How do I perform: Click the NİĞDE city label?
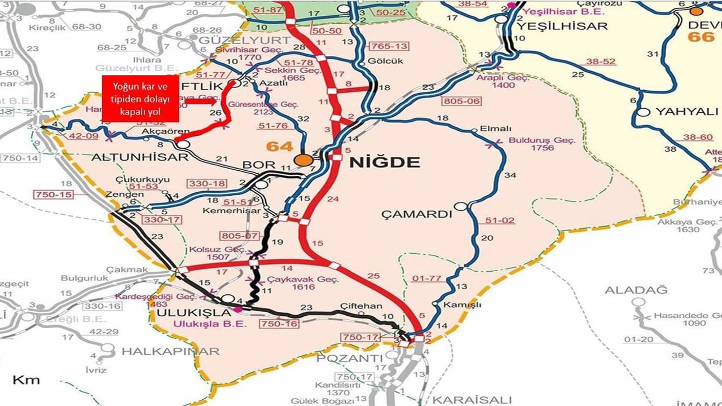click(x=385, y=163)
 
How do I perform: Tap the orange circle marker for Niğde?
click(x=304, y=160)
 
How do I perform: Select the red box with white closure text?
click(x=140, y=99)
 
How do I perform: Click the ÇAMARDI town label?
click(x=417, y=214)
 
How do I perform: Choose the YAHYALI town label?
click(x=686, y=112)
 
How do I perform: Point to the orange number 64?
click(x=280, y=147)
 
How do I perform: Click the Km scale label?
click(x=26, y=379)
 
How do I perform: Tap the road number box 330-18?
click(x=207, y=184)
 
